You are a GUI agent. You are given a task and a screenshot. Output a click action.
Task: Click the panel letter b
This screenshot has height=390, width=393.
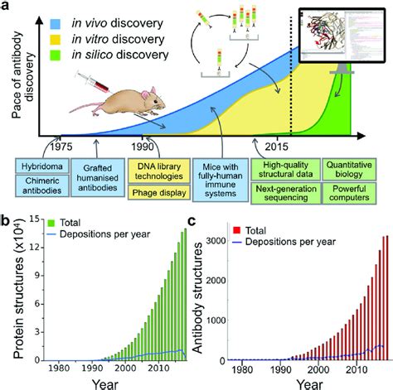8,221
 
